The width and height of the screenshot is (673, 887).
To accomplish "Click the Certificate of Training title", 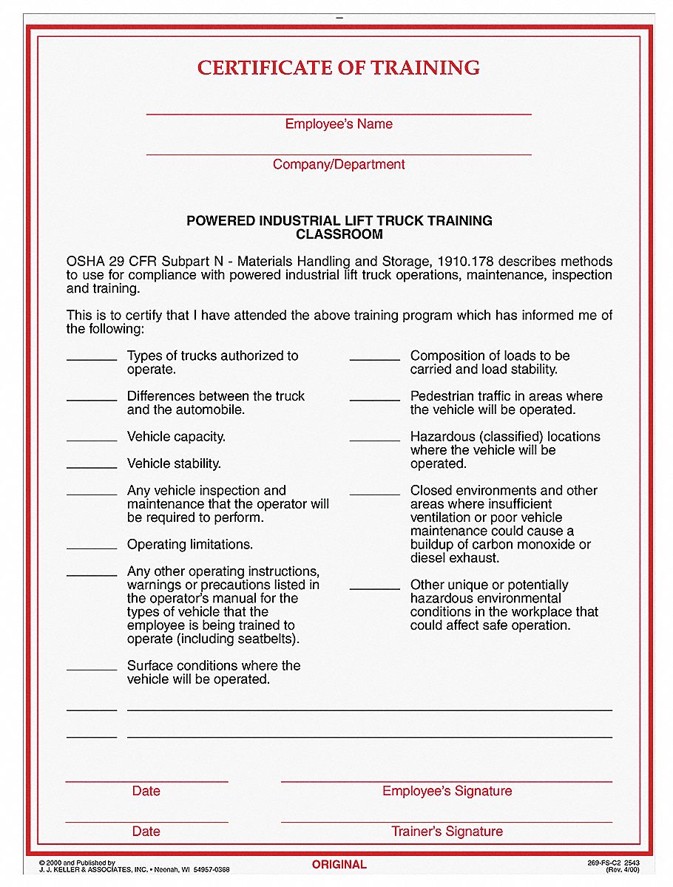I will pyautogui.click(x=339, y=68).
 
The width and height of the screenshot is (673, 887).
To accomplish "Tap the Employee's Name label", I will pyautogui.click(x=339, y=124).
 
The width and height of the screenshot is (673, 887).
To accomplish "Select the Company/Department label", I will pyautogui.click(x=339, y=164).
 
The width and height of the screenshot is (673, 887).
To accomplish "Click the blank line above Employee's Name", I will pyautogui.click(x=339, y=113).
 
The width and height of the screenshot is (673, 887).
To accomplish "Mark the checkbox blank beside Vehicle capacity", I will pyautogui.click(x=92, y=440).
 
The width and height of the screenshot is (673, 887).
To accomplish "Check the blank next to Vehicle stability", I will pyautogui.click(x=92, y=466).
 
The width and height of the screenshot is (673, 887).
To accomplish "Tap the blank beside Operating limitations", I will pyautogui.click(x=92, y=548).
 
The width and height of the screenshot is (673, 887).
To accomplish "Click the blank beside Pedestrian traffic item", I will pyautogui.click(x=375, y=399).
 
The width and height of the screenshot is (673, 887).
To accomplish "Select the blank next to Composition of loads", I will pyautogui.click(x=375, y=359).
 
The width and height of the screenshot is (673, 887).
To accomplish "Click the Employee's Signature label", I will pyautogui.click(x=447, y=791).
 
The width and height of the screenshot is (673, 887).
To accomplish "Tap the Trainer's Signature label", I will pyautogui.click(x=447, y=832).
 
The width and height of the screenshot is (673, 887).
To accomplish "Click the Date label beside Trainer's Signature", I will pyautogui.click(x=146, y=832).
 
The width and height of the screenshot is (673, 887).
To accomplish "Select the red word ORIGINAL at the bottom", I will pyautogui.click(x=339, y=864).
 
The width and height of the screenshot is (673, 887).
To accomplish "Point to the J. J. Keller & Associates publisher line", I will pyautogui.click(x=133, y=870).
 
